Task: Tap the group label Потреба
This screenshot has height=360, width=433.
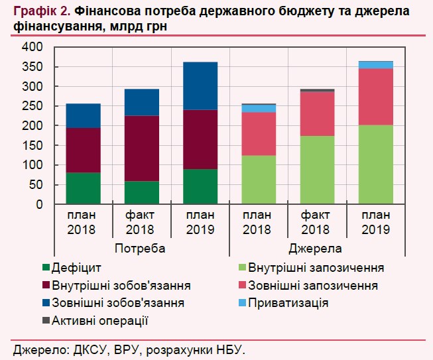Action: pyautogui.click(x=139, y=249)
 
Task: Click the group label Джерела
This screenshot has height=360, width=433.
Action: pyautogui.click(x=316, y=249)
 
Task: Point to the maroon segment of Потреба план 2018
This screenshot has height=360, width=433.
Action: pyautogui.click(x=83, y=150)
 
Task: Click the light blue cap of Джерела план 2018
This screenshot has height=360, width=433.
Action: pyautogui.click(x=259, y=108)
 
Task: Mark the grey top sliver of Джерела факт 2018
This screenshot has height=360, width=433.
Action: pyautogui.click(x=317, y=90)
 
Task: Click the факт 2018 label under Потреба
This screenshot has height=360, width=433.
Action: pyautogui.click(x=141, y=223)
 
